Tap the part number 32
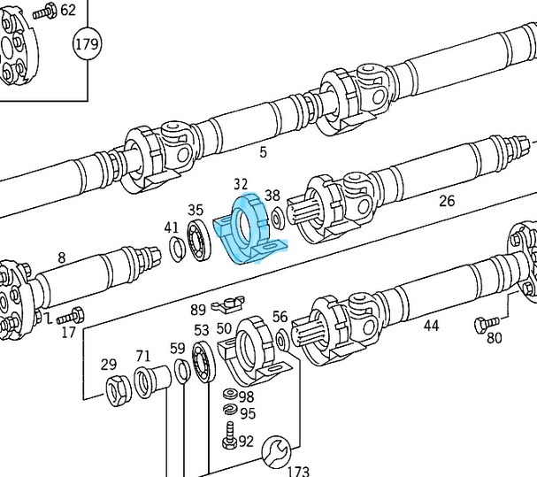(x=240, y=184)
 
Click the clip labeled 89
(x=225, y=307)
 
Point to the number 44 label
(x=431, y=326)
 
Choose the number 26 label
(x=447, y=201)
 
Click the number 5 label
(x=263, y=152)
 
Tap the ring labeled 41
(x=176, y=250)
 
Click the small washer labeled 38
(x=278, y=215)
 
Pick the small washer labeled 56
(x=282, y=337)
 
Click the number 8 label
(x=61, y=258)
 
